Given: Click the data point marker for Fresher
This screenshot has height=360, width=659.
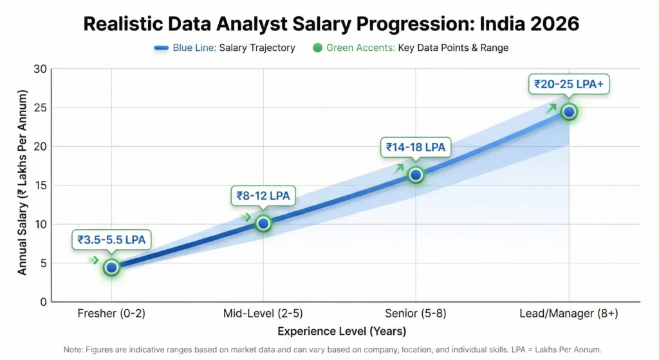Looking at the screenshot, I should click(x=112, y=267).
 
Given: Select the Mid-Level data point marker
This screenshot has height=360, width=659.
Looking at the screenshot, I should click(x=263, y=223).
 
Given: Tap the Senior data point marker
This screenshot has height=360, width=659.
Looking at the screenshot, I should click(x=416, y=175).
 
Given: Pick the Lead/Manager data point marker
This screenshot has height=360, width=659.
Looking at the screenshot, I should click(x=569, y=111).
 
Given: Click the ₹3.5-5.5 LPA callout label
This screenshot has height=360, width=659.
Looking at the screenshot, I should click(x=112, y=240).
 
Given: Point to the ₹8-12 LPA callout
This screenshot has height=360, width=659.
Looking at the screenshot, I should click(x=263, y=196).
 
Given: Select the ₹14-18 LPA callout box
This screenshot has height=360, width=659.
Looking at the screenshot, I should click(x=416, y=147).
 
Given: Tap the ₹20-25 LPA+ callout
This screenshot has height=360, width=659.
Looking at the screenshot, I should click(x=568, y=84).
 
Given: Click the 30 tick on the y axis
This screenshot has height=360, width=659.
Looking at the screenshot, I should click(x=40, y=69).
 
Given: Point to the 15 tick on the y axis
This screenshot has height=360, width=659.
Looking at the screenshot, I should click(x=40, y=185).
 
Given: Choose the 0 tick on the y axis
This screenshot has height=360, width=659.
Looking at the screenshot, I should click(x=43, y=301).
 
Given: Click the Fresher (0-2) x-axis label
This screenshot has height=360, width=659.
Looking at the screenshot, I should click(x=112, y=314).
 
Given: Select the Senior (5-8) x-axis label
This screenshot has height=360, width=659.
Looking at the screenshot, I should click(x=416, y=314).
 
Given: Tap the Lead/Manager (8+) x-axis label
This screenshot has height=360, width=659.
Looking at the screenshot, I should click(x=569, y=314).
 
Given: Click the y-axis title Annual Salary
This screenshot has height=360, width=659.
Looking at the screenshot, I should click(x=23, y=184).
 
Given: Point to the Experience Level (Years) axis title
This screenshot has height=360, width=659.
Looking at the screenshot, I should click(x=341, y=332).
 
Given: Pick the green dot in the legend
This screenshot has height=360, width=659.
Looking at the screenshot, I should click(x=317, y=48).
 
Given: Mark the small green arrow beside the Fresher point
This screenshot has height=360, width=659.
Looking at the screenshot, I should click(x=95, y=260).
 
